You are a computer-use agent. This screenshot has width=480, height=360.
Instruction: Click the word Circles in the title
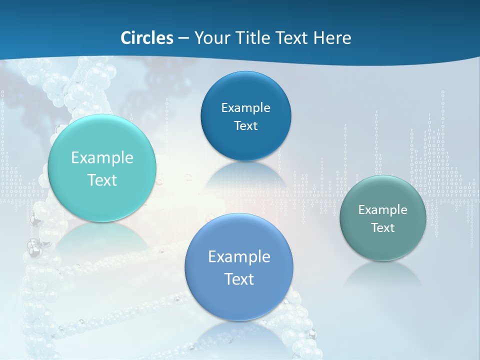tap(146, 38)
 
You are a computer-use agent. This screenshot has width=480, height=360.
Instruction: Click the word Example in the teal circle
tap(102, 158)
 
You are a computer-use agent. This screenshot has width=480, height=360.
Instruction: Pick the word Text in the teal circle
tap(102, 180)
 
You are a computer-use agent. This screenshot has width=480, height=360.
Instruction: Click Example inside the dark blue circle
tap(245, 108)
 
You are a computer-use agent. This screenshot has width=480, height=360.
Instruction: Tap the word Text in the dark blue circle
tap(245, 125)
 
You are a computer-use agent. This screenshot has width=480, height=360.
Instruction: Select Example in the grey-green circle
tap(383, 210)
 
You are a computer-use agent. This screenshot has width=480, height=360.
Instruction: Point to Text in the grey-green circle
tap(383, 228)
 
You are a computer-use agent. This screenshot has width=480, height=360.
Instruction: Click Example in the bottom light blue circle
tap(239, 257)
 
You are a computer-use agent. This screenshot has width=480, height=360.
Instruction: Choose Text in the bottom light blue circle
tap(239, 279)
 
